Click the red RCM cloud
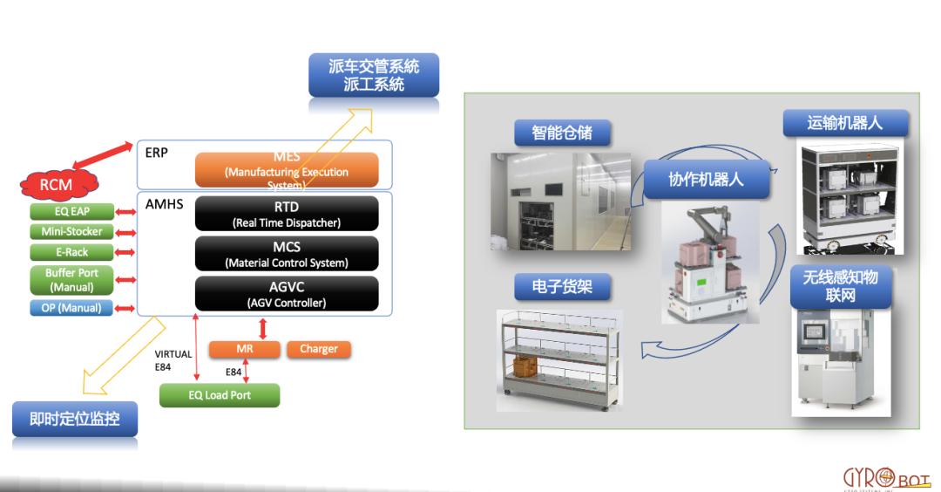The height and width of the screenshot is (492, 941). tap(57, 184)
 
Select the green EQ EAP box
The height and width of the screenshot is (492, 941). tap(71, 211)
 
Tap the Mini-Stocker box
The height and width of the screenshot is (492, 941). tap(71, 232)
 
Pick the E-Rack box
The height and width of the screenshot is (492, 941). tap(71, 252)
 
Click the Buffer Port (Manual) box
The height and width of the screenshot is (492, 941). tap(71, 280)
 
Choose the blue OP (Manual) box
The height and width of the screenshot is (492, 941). tap(71, 308)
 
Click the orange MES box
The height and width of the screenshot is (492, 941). tap(287, 170)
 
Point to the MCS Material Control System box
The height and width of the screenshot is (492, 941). tap(287, 254)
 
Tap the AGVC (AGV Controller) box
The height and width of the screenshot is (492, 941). tap(287, 294)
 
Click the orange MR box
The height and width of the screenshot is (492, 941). tap(245, 349)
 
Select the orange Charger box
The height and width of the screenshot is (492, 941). tap(319, 349)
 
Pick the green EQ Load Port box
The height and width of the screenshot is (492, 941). tap(220, 395)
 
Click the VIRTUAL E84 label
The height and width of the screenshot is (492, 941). tap(173, 361)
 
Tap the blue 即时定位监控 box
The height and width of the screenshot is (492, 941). tap(75, 420)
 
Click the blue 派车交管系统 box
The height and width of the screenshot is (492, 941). tap(374, 75)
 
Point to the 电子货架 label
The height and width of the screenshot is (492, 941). tap(559, 287)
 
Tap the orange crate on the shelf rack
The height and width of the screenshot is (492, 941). tap(527, 367)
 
